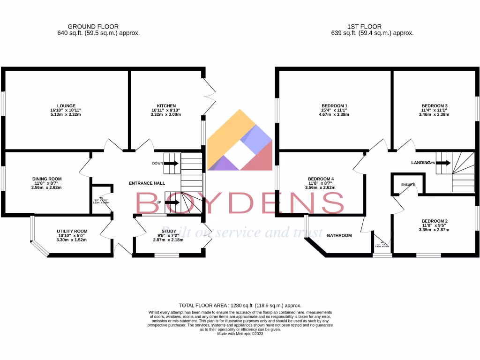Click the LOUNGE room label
point(66,105)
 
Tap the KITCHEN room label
point(166,105)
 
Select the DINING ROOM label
point(47,179)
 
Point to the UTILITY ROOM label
point(72,231)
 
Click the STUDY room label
point(169,231)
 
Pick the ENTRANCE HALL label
point(148,183)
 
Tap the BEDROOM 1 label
point(335,105)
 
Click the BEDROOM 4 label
point(321,179)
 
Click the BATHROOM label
point(339,235)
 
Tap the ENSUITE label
point(408,185)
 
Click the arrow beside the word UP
point(171,202)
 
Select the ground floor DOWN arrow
point(171,163)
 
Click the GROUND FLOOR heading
point(93,27)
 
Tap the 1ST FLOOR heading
point(364,27)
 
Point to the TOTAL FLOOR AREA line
point(240,305)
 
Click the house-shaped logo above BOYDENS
point(240,141)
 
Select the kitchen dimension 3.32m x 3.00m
point(166,114)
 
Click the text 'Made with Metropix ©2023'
point(240,334)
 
